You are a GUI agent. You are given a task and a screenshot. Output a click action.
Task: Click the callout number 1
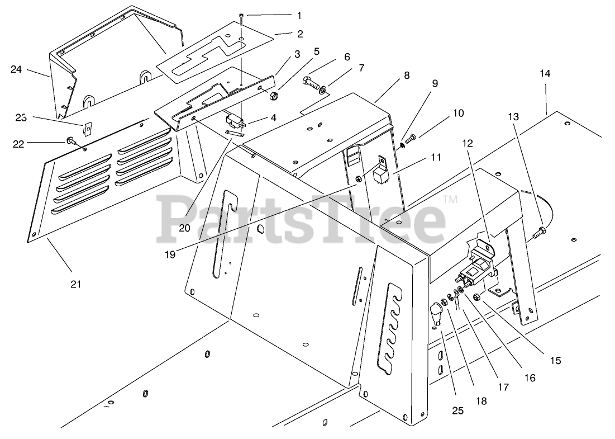(299, 15)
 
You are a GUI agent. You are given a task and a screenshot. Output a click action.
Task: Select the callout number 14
(545, 74)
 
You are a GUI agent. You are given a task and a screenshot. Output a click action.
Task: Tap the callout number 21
(76, 284)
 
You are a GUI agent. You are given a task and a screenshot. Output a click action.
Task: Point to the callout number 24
(16, 69)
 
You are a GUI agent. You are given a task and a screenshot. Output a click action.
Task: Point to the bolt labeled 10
(409, 138)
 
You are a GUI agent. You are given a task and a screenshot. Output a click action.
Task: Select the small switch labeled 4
(235, 120)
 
